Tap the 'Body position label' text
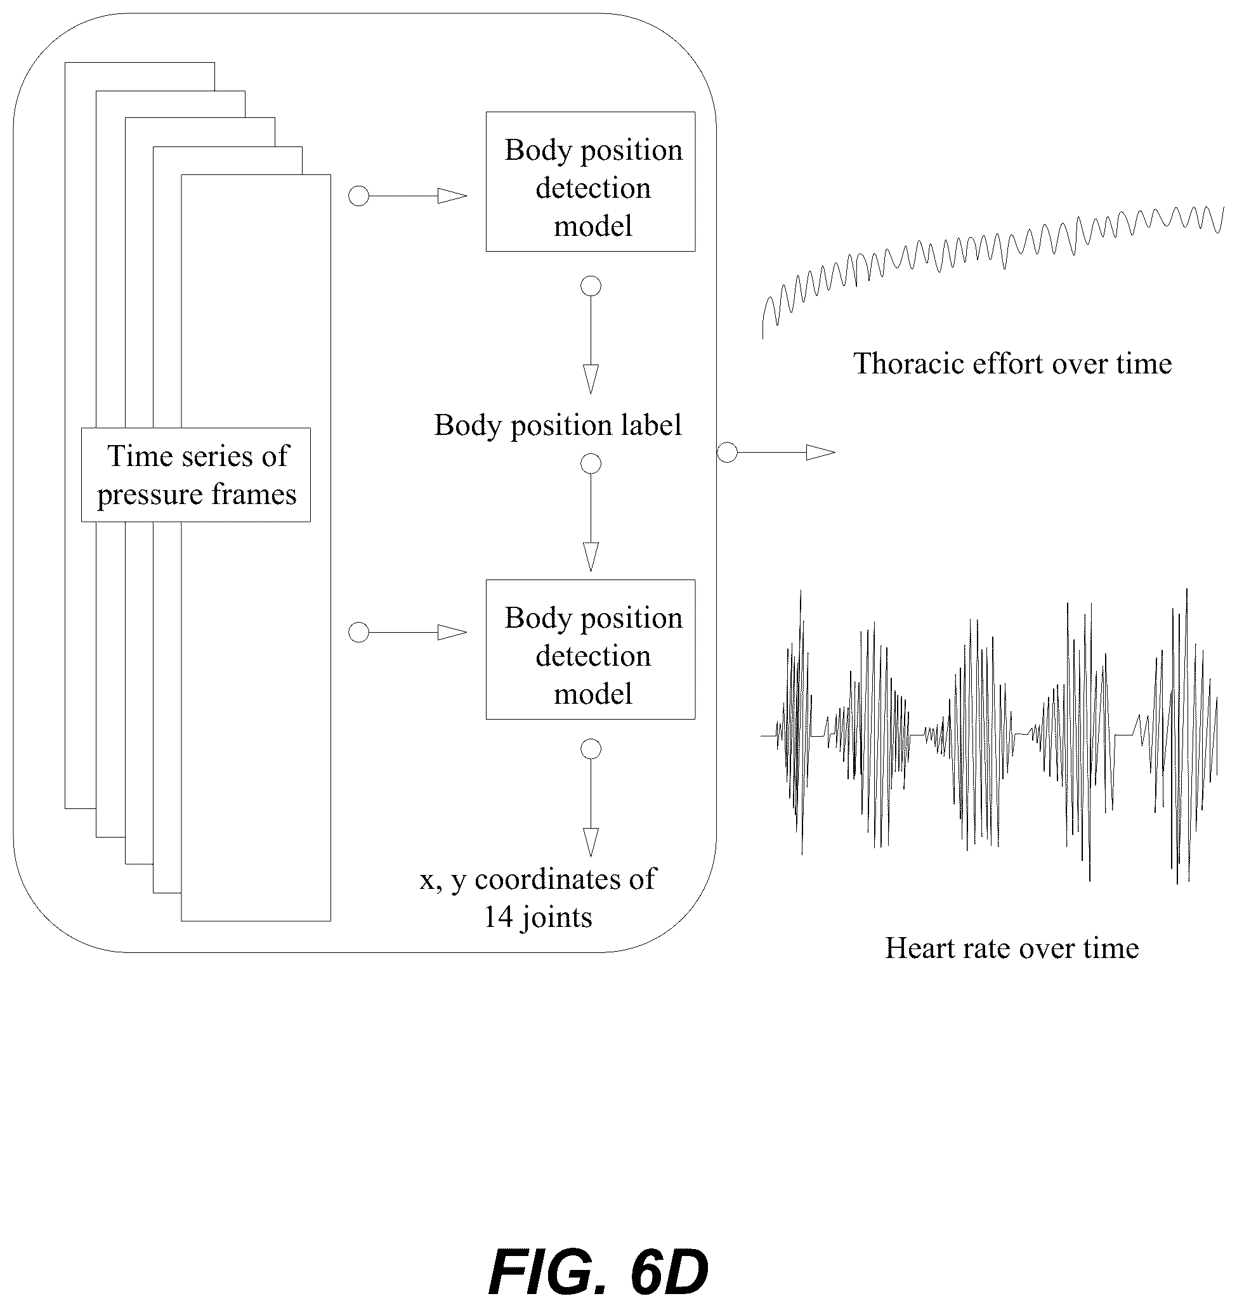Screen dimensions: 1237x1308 pos(558,425)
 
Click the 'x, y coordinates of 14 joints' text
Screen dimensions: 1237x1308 pos(538,898)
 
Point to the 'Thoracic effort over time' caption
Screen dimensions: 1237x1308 pos(1012,364)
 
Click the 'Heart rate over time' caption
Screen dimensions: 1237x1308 pos(1012,949)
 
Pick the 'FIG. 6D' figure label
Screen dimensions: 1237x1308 pos(598,1272)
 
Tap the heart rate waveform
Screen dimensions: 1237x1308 pos(989,735)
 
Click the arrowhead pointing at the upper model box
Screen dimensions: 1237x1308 pos(452,196)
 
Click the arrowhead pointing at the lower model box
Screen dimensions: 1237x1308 pos(452,633)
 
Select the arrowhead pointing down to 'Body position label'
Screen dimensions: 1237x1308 pos(591,379)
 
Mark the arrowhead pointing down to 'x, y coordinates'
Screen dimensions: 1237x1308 pos(591,842)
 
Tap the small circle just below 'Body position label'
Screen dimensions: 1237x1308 pos(591,464)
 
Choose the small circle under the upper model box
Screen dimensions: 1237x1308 pos(591,286)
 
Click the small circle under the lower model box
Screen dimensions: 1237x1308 pos(591,749)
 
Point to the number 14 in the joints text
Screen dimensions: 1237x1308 pos(499,917)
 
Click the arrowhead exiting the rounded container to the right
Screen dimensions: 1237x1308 pos(821,453)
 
